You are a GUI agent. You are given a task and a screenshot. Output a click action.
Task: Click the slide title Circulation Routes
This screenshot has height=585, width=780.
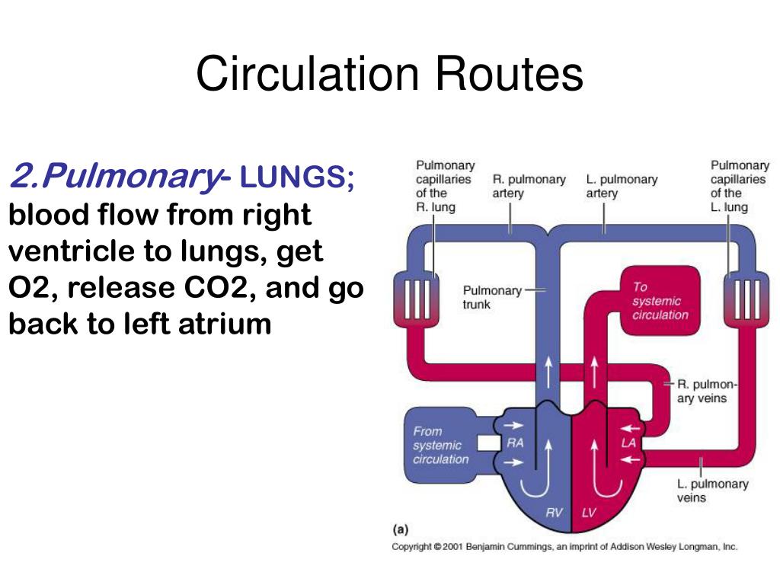pyautogui.click(x=389, y=74)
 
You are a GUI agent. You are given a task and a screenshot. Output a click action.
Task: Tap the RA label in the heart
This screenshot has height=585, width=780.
pyautogui.click(x=516, y=443)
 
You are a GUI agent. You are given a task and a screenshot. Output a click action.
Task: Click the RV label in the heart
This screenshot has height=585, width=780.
pyautogui.click(x=554, y=513)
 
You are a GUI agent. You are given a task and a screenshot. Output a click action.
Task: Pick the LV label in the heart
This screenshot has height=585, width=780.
pyautogui.click(x=589, y=513)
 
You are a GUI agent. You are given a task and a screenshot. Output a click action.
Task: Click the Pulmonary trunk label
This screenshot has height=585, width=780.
pyautogui.click(x=492, y=297)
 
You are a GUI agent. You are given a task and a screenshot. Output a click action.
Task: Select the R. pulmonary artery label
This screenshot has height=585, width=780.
pyautogui.click(x=529, y=186)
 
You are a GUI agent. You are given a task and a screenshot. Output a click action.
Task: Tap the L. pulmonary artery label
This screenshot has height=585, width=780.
pyautogui.click(x=622, y=186)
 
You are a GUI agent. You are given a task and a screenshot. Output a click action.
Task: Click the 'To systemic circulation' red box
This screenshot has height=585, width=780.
pyautogui.click(x=660, y=301)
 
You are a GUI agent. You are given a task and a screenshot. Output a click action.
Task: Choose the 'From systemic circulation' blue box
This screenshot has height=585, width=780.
pyautogui.click(x=440, y=446)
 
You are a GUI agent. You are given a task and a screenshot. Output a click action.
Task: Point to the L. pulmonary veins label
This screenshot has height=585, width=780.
pyautogui.click(x=712, y=491)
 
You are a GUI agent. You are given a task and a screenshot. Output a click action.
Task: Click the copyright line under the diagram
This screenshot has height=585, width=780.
pyautogui.click(x=564, y=547)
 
